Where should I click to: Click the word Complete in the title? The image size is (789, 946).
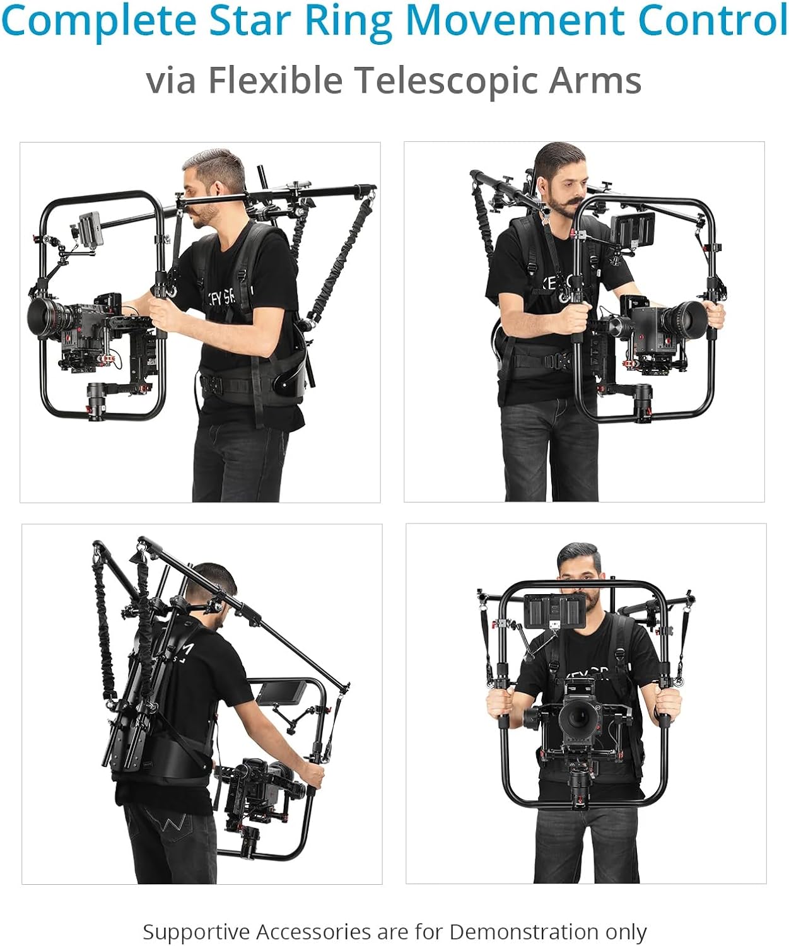coord(98,20)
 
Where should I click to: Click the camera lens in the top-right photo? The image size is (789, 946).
coord(687,318)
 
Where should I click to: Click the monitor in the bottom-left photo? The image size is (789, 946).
coord(281,693)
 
